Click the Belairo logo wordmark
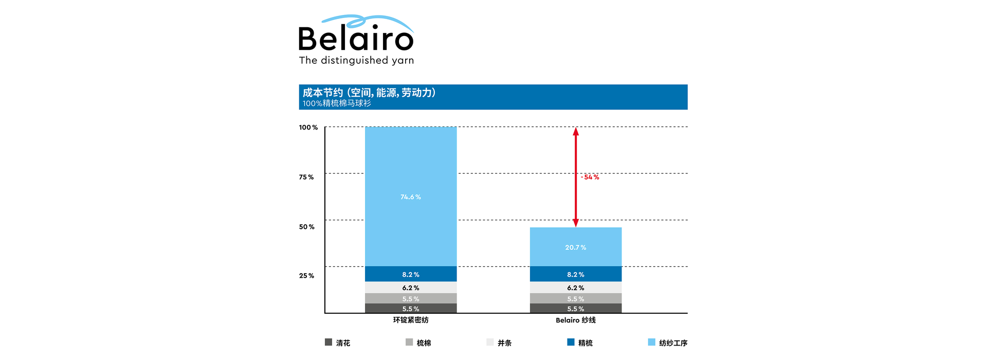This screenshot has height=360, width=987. coord(356,37)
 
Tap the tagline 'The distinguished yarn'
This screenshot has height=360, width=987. coord(356,60)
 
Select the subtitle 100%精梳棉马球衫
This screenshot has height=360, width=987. coord(337,103)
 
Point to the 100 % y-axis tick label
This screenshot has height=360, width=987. coord(308,128)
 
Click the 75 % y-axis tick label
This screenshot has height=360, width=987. coord(306,177)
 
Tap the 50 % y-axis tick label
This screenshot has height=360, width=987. coord(307,227)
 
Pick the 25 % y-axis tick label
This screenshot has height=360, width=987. coord(307,276)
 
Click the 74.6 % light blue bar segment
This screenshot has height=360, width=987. coord(411,197)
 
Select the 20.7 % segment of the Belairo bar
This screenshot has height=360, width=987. coord(576,247)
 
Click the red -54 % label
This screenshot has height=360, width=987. coord(590,177)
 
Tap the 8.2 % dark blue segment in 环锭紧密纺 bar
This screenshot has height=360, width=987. coord(411,275)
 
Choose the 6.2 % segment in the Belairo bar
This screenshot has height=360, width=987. coord(576,288)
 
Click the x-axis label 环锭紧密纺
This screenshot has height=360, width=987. coord(411,320)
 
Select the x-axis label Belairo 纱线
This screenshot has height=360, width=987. coord(576,320)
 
